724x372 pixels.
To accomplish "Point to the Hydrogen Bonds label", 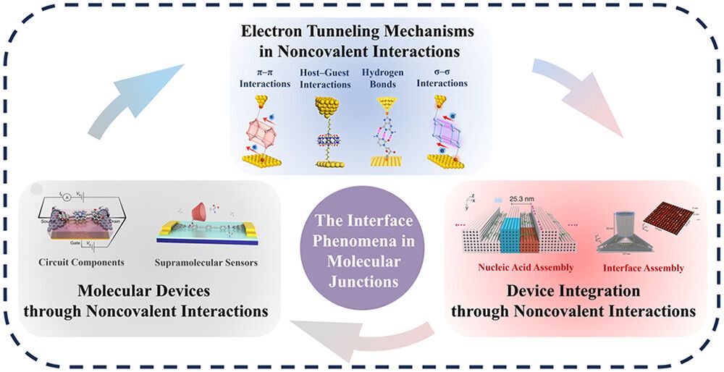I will (x=382, y=78).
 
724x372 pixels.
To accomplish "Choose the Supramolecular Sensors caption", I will (x=205, y=261).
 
